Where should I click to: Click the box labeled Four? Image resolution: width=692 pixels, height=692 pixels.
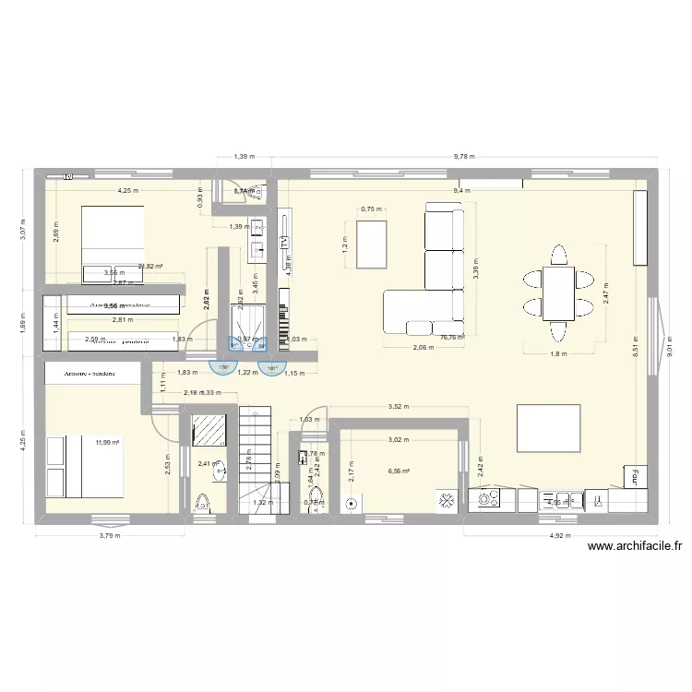(635, 478)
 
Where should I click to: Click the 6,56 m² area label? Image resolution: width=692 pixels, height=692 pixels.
(400, 471)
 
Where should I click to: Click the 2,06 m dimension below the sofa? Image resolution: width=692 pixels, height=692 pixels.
(422, 347)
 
